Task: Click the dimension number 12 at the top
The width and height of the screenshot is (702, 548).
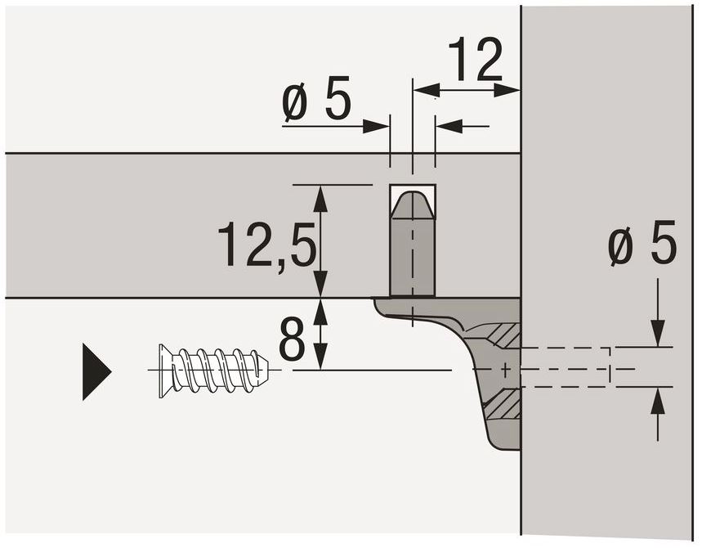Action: pos(475,60)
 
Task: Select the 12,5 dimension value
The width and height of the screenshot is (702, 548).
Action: pos(267,245)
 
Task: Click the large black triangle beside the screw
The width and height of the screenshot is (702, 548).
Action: pos(96,371)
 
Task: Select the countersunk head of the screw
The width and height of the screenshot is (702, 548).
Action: pos(167,371)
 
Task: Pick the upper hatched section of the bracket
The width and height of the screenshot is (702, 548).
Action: pos(504,335)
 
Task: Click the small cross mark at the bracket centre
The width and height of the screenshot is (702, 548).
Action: pos(506,370)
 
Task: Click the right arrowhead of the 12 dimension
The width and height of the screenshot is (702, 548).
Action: pos(507,90)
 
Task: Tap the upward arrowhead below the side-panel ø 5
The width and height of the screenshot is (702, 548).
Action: pos(658,400)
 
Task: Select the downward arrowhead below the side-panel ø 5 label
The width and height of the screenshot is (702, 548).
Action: pos(658,333)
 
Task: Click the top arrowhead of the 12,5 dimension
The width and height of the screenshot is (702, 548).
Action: pos(320,199)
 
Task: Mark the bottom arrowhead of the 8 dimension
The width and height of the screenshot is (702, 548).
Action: pos(320,357)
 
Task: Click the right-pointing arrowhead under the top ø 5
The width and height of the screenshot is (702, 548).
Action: pos(376,126)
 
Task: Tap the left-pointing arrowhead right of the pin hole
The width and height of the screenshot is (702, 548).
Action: pos(449,126)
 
